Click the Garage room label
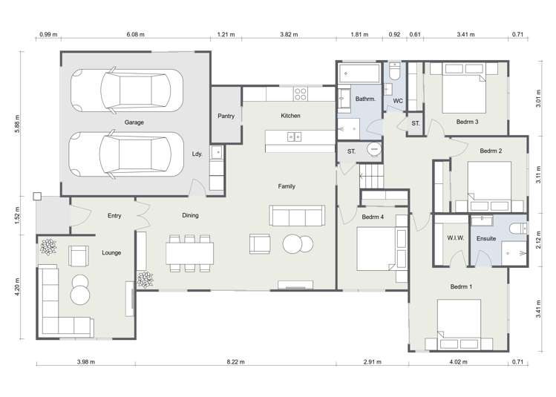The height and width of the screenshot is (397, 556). (x=134, y=122)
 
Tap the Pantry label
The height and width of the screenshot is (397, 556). (x=226, y=117)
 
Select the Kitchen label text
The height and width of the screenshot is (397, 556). (x=290, y=117)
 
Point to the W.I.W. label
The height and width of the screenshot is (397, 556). (x=455, y=238)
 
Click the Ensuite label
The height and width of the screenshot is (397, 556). (x=487, y=238)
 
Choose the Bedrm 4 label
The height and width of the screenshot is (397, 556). (x=373, y=217)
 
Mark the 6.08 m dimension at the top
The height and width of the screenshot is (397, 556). (x=135, y=34)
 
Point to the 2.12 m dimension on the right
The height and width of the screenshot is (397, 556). (x=539, y=237)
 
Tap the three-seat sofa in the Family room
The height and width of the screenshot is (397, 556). (x=297, y=216)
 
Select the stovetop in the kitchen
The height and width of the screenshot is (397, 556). (x=301, y=93)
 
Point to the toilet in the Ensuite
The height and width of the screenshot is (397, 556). (x=519, y=229)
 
